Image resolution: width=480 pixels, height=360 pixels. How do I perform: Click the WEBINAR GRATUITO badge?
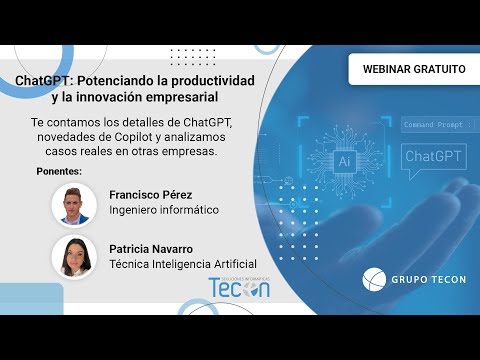coord(414,69)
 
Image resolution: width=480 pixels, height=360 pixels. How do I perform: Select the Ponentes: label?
coord(59,171)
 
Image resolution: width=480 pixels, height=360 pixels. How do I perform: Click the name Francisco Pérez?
coord(151,195)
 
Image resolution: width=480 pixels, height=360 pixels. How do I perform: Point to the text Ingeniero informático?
coord(164,210)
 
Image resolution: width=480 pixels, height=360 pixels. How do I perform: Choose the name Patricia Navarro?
coord(151,249)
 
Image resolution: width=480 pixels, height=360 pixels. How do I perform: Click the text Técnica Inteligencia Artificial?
coord(183,264)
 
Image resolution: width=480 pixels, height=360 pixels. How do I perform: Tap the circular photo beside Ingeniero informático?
coord(74,205)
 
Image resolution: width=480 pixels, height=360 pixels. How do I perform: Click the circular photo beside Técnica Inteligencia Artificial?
coord(74,257)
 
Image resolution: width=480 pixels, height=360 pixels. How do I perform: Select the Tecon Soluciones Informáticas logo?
coord(239,287)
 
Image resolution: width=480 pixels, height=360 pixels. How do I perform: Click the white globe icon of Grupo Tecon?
coord(374,279)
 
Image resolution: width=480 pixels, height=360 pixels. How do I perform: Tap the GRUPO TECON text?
coord(429,280)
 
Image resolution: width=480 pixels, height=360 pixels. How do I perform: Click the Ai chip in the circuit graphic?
coord(344,162)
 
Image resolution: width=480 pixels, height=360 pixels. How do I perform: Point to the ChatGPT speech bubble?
coord(434,157)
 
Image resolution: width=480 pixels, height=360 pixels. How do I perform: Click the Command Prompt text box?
coord(440,125)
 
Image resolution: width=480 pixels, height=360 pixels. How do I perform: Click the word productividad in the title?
coord(213,81)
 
